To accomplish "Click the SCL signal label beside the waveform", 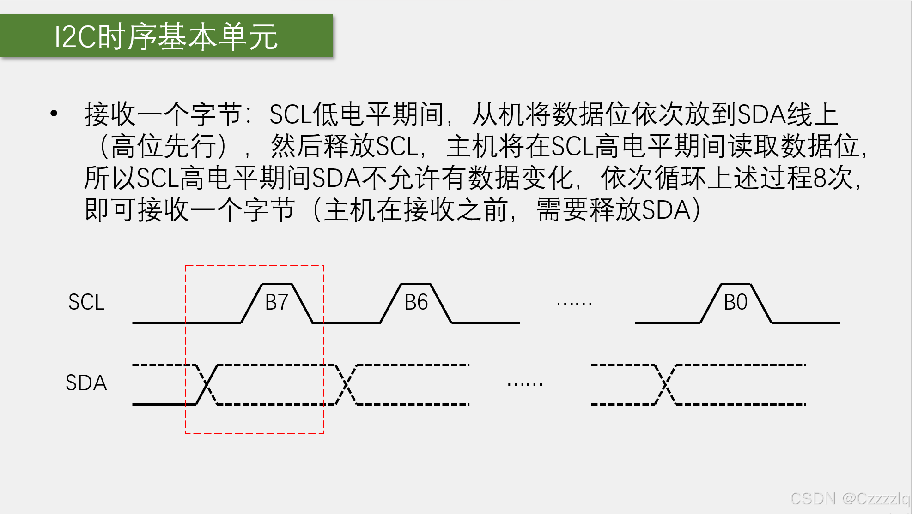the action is coord(86,302).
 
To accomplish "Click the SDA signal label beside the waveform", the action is coord(86,383).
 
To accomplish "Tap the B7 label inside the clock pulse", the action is coord(277,303).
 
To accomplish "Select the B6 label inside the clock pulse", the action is coord(416,303).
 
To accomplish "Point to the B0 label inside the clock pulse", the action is coord(736,303).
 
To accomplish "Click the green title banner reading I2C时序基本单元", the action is coord(166,36).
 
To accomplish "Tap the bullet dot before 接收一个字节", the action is coord(54,113).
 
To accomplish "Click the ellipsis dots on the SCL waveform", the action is coord(574,304).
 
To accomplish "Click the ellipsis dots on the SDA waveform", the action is coord(525,384).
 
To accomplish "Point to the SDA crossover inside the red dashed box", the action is coord(207,385).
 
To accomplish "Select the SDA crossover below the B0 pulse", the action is coord(665,385).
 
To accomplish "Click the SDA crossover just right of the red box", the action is coord(346,385).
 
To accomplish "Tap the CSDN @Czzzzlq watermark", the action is coord(850,499).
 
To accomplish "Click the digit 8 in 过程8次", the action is coord(820,178).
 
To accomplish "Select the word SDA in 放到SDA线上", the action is coord(762,114).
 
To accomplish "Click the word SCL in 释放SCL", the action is coord(397,147).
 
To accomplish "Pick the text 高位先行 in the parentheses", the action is coord(163,147).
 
